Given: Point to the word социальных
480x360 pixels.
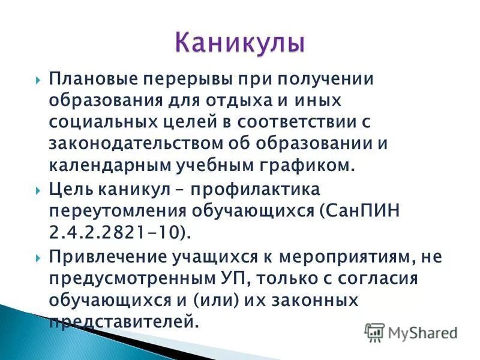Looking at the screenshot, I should (x=96, y=122).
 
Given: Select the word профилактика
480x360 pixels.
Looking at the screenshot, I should (x=257, y=191).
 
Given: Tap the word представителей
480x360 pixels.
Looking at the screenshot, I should (x=123, y=321).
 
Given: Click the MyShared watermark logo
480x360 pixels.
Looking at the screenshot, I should (x=410, y=332).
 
